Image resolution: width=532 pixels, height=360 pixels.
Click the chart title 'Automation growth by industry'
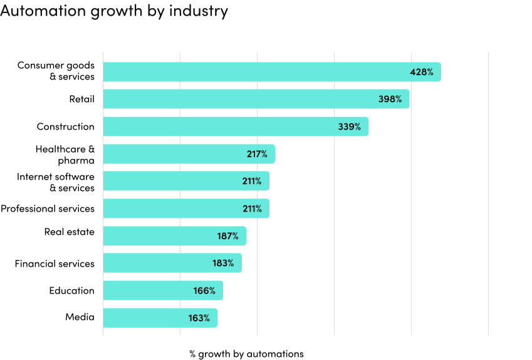tap(114, 11)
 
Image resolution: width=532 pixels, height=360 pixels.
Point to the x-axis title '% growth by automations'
tap(246, 354)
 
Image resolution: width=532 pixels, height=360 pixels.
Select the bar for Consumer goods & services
tap(251, 72)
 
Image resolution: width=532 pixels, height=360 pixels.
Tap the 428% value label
tap(421, 72)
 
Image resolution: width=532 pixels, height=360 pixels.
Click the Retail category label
tap(81, 99)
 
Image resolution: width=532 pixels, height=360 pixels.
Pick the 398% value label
tap(390, 99)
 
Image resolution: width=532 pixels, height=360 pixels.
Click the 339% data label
tap(349, 126)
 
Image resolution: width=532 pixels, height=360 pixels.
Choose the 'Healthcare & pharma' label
tap(65, 155)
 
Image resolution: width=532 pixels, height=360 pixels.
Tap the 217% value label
tap(256, 154)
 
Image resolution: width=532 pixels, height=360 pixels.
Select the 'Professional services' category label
tap(48, 208)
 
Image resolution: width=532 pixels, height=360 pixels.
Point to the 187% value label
tap(227, 236)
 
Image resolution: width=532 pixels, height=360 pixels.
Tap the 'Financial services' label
tap(55, 264)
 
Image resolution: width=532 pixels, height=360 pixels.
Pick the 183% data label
tap(223, 263)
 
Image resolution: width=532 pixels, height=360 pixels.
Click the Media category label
tap(80, 317)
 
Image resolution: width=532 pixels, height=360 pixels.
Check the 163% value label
tap(199, 318)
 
